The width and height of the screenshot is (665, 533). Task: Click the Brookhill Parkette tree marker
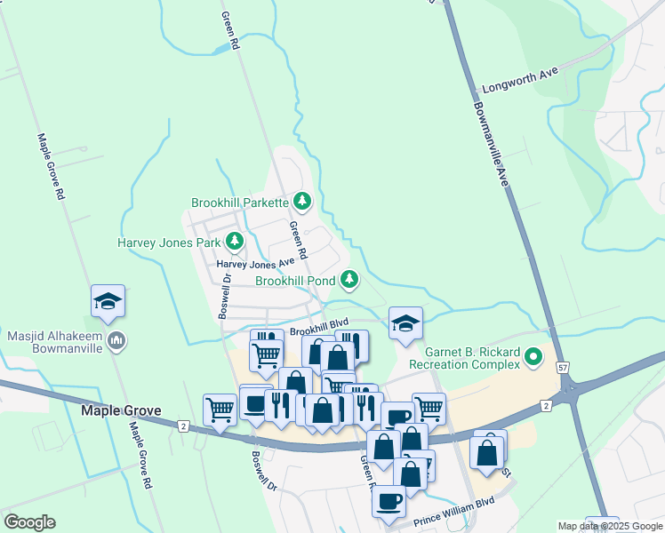302,202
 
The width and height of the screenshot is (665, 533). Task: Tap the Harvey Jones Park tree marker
235,241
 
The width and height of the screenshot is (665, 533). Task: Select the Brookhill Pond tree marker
349,280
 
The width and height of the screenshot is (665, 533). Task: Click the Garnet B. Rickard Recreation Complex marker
533,357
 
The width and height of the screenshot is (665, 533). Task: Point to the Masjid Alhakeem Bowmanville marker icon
116,341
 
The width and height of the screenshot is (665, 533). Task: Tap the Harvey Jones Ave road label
256,264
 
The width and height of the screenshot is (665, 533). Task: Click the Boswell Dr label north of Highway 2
224,295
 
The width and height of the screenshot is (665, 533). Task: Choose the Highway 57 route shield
563,368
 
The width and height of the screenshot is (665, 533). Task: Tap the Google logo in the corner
29,522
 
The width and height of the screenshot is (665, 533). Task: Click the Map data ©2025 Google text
609,526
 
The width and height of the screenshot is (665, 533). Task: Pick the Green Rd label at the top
231,30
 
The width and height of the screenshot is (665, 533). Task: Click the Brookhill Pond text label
296,281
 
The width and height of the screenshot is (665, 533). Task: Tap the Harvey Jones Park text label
169,242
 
